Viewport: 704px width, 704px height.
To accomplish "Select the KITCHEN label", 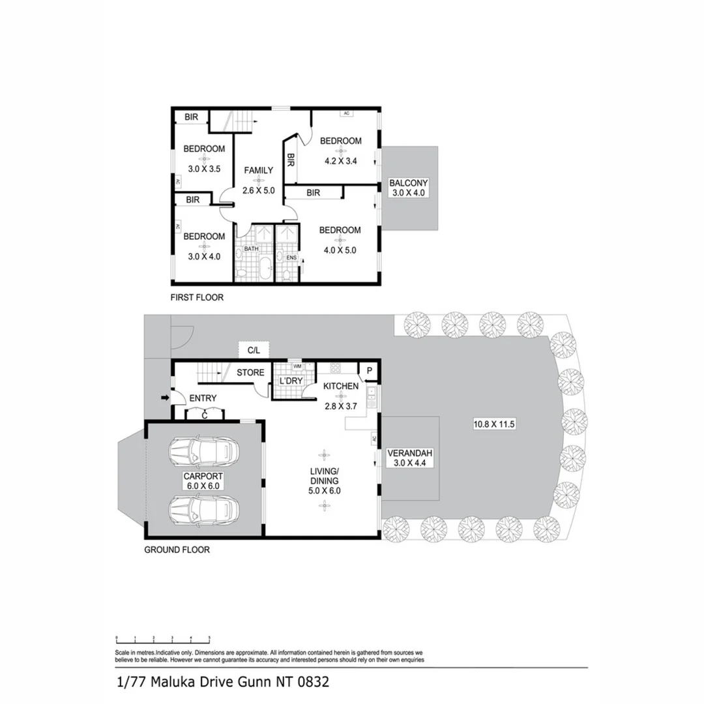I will click(x=341, y=386).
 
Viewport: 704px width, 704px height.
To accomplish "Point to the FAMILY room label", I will click(x=259, y=170).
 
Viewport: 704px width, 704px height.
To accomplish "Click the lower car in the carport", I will click(x=203, y=510).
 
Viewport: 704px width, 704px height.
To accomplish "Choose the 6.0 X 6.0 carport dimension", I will click(x=202, y=486).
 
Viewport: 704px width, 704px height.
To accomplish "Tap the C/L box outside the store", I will click(x=254, y=351).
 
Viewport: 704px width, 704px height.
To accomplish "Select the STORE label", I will click(x=250, y=373).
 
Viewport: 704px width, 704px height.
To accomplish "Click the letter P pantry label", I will click(x=369, y=371).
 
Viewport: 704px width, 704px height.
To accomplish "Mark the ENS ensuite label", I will click(x=292, y=258).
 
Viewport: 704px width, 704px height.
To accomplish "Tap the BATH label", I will click(x=252, y=249).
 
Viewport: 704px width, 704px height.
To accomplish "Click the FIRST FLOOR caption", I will click(x=196, y=298).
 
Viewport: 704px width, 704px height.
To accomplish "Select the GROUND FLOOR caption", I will click(x=177, y=550).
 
